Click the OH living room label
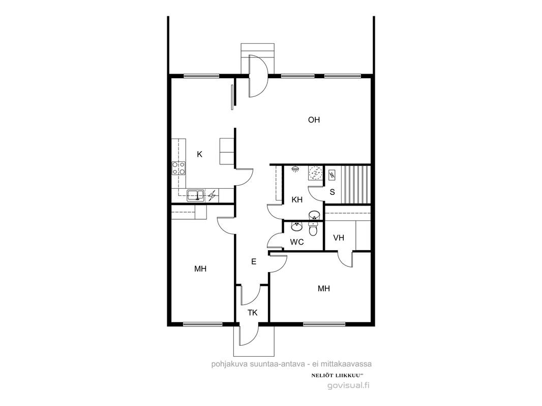(314, 120)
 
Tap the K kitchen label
(199, 155)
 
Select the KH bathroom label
(297, 200)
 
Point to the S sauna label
(332, 192)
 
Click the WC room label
(297, 242)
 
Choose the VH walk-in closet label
(339, 238)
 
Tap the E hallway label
(253, 262)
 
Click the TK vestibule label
(253, 313)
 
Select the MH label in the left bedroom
(200, 268)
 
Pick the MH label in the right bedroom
(324, 289)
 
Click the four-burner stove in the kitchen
(178, 168)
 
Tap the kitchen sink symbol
(196, 195)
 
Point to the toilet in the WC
(313, 228)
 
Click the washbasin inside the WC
(296, 227)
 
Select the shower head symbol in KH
(295, 169)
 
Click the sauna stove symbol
(332, 175)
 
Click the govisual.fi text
(348, 386)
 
